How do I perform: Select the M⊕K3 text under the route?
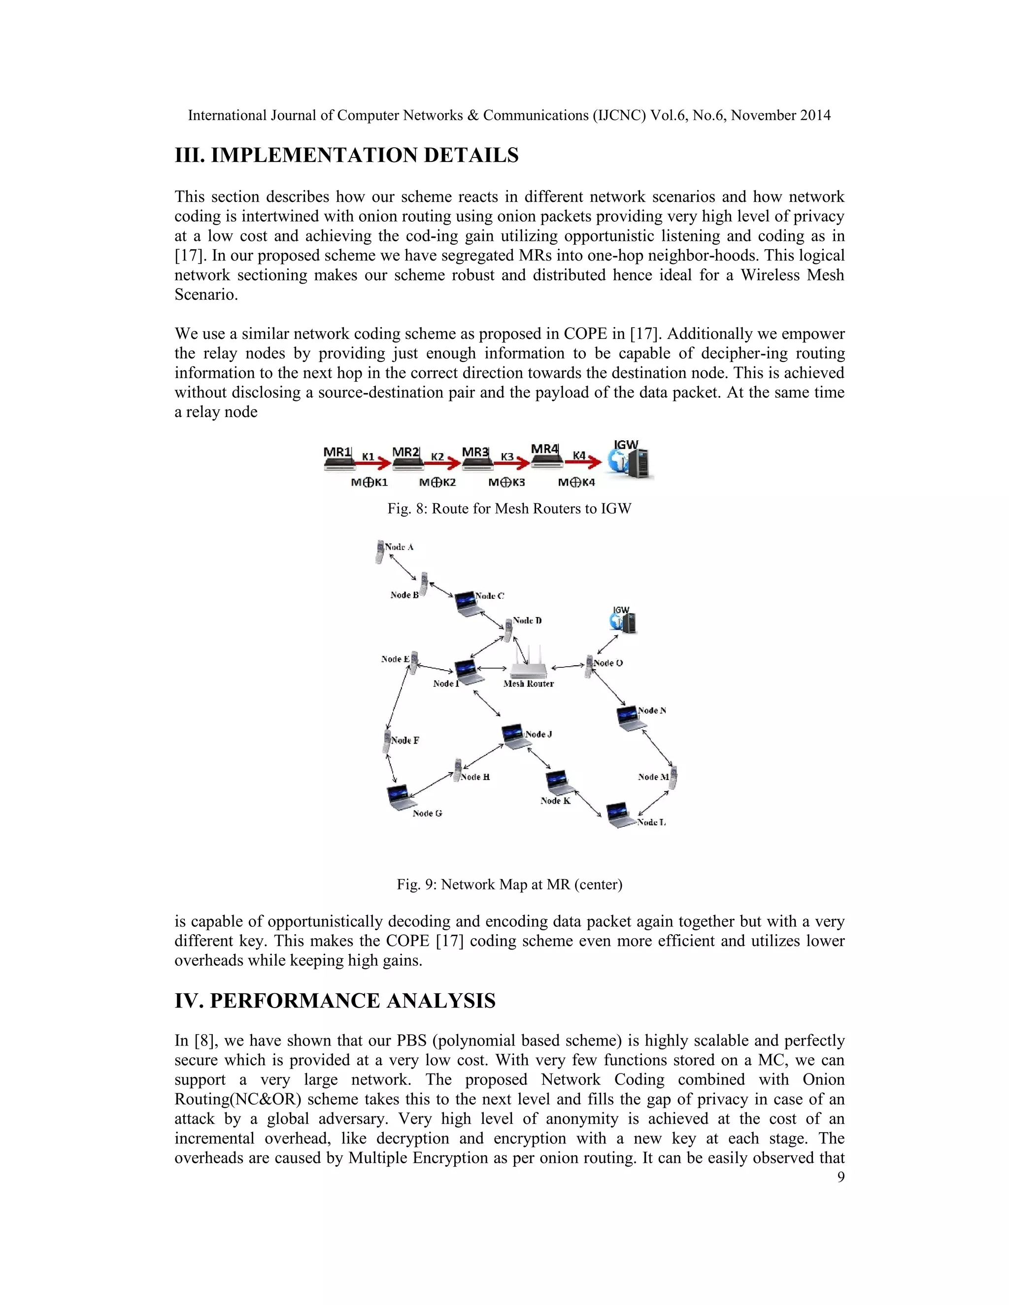pyautogui.click(x=506, y=482)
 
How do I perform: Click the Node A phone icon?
pyautogui.click(x=379, y=551)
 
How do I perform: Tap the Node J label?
pyautogui.click(x=538, y=734)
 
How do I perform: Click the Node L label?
pyautogui.click(x=651, y=823)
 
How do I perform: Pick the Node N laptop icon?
pyautogui.click(x=630, y=718)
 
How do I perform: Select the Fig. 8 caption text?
pyautogui.click(x=509, y=509)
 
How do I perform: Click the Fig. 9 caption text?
pyautogui.click(x=509, y=884)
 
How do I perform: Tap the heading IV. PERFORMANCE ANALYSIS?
pyautogui.click(x=335, y=1001)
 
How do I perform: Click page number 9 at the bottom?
pyautogui.click(x=841, y=1177)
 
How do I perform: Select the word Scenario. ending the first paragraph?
pyautogui.click(x=205, y=294)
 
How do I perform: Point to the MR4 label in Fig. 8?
pyautogui.click(x=544, y=449)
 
